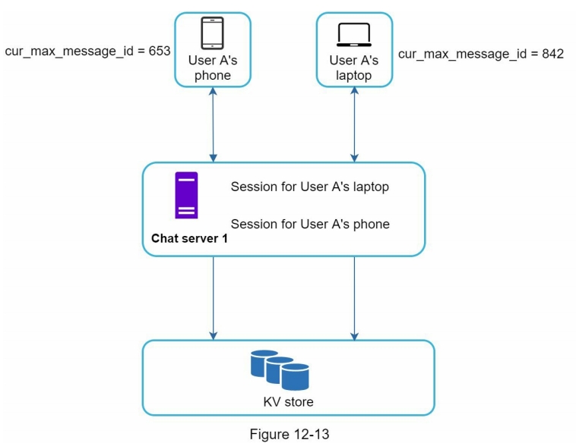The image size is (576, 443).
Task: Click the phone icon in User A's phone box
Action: (212, 33)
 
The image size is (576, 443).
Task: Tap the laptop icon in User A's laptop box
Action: (354, 35)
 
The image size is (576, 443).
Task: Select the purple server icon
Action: (186, 195)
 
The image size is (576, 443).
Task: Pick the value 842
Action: (548, 55)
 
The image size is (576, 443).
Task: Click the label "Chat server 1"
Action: (189, 238)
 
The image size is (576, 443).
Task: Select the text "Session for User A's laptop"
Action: (310, 187)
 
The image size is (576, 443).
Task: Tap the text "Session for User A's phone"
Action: (310, 224)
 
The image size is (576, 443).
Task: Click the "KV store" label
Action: (288, 402)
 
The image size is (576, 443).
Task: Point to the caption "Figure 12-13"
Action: (288, 435)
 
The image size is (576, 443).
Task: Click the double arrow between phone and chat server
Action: (213, 124)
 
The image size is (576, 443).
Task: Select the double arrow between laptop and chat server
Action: (354, 124)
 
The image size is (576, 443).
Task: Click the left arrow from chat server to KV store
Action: (214, 297)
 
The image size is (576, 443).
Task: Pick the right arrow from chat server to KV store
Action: (354, 297)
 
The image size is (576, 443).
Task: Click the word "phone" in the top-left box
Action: (213, 75)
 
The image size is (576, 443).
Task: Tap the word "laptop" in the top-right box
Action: (354, 76)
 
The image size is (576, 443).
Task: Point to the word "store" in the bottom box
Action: (299, 402)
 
